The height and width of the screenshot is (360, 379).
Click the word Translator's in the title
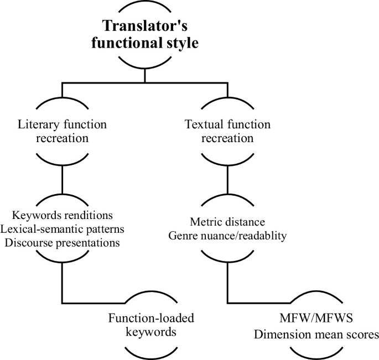tap(145, 25)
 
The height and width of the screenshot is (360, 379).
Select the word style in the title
tap(179, 43)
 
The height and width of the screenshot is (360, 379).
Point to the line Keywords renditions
tap(63, 214)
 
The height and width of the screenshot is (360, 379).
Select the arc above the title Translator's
tap(145, 6)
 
